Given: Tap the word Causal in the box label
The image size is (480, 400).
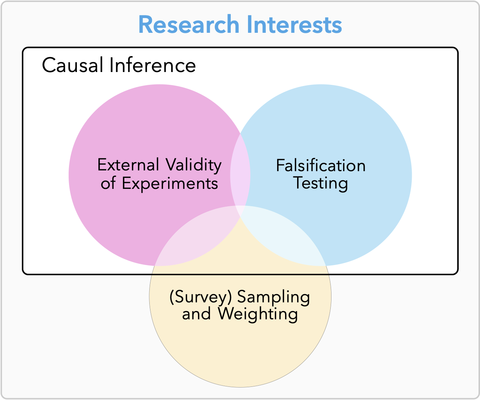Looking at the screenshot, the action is point(73,65).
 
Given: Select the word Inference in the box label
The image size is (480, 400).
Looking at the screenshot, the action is point(153,65).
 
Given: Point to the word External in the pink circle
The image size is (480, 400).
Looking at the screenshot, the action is point(128,165).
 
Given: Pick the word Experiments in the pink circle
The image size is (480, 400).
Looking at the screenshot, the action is point(170,184).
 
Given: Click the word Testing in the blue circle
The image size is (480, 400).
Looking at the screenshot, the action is point(321,184).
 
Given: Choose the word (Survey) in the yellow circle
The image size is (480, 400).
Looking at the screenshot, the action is point(201,297).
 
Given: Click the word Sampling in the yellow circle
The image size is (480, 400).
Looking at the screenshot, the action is point(273,297).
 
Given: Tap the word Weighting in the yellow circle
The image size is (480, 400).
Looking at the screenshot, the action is point(258,314).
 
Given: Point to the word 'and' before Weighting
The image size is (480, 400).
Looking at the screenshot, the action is point(196,314).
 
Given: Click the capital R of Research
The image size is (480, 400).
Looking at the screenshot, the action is point(146,24).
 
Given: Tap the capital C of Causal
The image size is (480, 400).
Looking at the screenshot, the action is point(48,65).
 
